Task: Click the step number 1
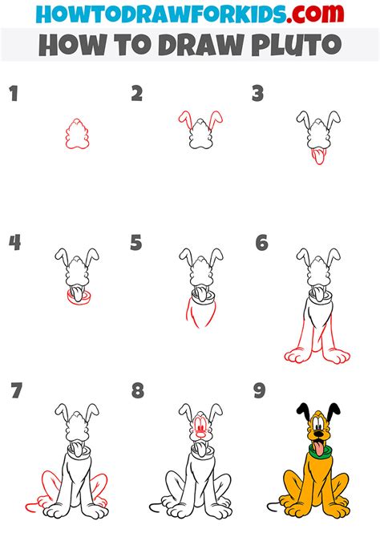point(14,94)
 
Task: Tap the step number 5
point(136,243)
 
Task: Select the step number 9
point(260,391)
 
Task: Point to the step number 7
point(16,391)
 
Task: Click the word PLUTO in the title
point(297,45)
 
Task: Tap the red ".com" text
point(315,14)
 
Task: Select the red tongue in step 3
point(318,156)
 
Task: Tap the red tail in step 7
point(30,504)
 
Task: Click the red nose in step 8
point(200,435)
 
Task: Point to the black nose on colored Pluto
point(318,434)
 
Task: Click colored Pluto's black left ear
point(303,410)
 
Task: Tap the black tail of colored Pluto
point(273,506)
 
